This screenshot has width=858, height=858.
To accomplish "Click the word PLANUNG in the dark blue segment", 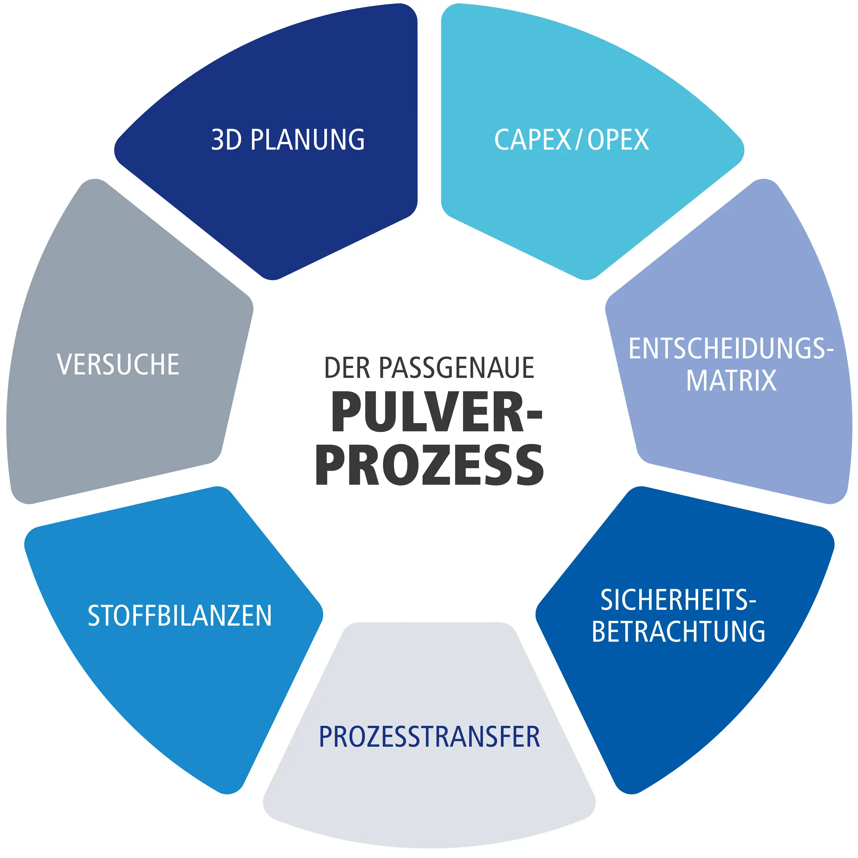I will pyautogui.click(x=307, y=140).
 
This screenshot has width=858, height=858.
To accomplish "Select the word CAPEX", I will pyautogui.click(x=532, y=140).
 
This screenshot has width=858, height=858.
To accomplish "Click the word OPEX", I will pyautogui.click(x=618, y=140).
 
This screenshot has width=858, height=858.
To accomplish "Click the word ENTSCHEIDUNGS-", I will pyautogui.click(x=731, y=349).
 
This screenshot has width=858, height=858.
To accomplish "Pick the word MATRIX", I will pyautogui.click(x=731, y=380).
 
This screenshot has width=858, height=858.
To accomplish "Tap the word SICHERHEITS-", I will pyautogui.click(x=678, y=600).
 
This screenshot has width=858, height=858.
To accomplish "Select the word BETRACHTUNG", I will pyautogui.click(x=678, y=632).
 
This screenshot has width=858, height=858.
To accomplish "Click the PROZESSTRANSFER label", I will pyautogui.click(x=430, y=737).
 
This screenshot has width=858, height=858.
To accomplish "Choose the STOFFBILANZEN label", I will pyautogui.click(x=180, y=616).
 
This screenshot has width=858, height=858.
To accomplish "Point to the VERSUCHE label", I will pyautogui.click(x=118, y=365).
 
